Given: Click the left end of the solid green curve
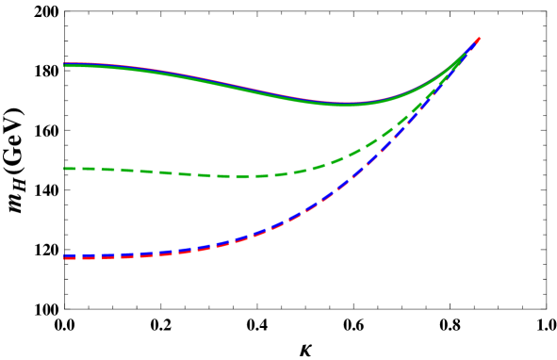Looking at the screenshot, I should point(64,66).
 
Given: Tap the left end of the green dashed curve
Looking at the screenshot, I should point(64,169).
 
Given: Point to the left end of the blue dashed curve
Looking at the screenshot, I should point(64,255).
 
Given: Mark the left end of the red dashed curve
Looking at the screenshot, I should point(64,258).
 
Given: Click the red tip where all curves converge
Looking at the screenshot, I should point(480,38).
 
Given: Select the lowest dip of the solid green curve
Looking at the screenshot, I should point(345,105).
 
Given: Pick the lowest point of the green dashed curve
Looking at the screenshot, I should point(240,176).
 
